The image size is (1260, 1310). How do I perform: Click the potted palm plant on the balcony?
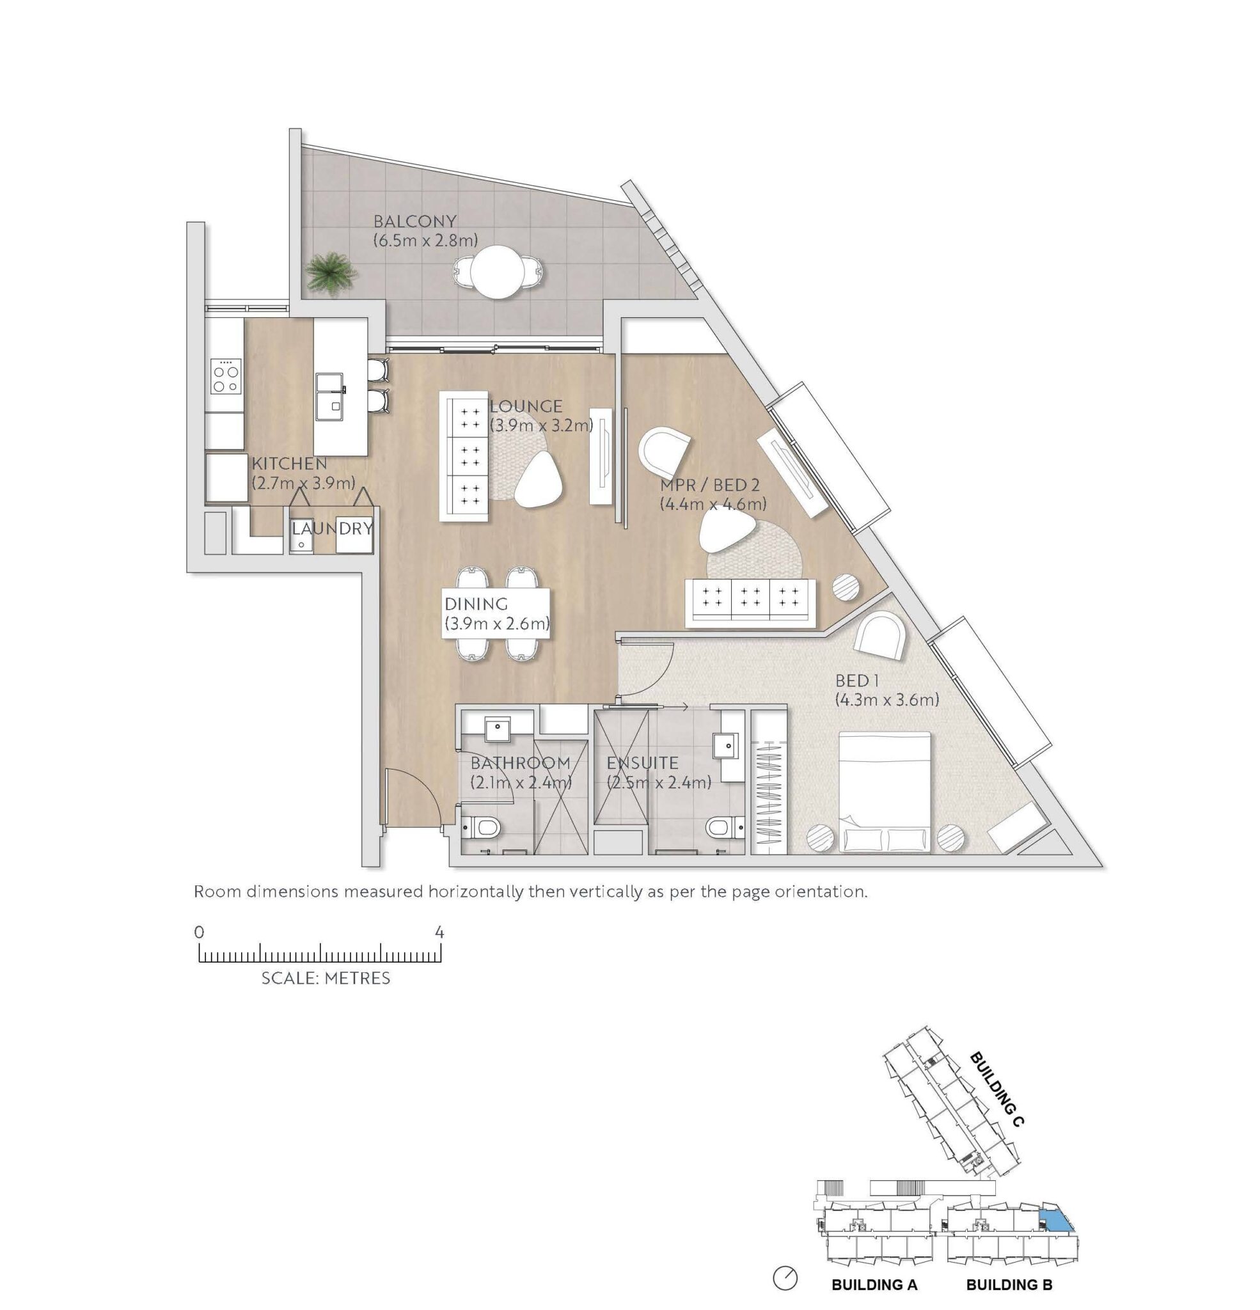tap(329, 271)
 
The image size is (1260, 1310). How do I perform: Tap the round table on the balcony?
tap(497, 272)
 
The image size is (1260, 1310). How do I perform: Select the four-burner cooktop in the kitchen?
tap(224, 376)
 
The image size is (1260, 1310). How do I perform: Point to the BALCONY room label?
tap(414, 221)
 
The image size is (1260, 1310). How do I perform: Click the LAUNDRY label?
tap(332, 529)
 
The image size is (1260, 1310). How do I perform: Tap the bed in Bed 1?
tap(884, 792)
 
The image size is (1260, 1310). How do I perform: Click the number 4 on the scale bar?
tap(439, 932)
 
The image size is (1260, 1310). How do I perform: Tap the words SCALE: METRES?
tap(326, 979)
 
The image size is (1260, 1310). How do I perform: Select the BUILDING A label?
tap(874, 1284)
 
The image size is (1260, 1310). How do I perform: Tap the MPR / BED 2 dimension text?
tap(713, 504)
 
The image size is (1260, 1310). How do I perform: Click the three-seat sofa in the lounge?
tap(464, 456)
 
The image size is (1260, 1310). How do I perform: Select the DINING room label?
tap(476, 604)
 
